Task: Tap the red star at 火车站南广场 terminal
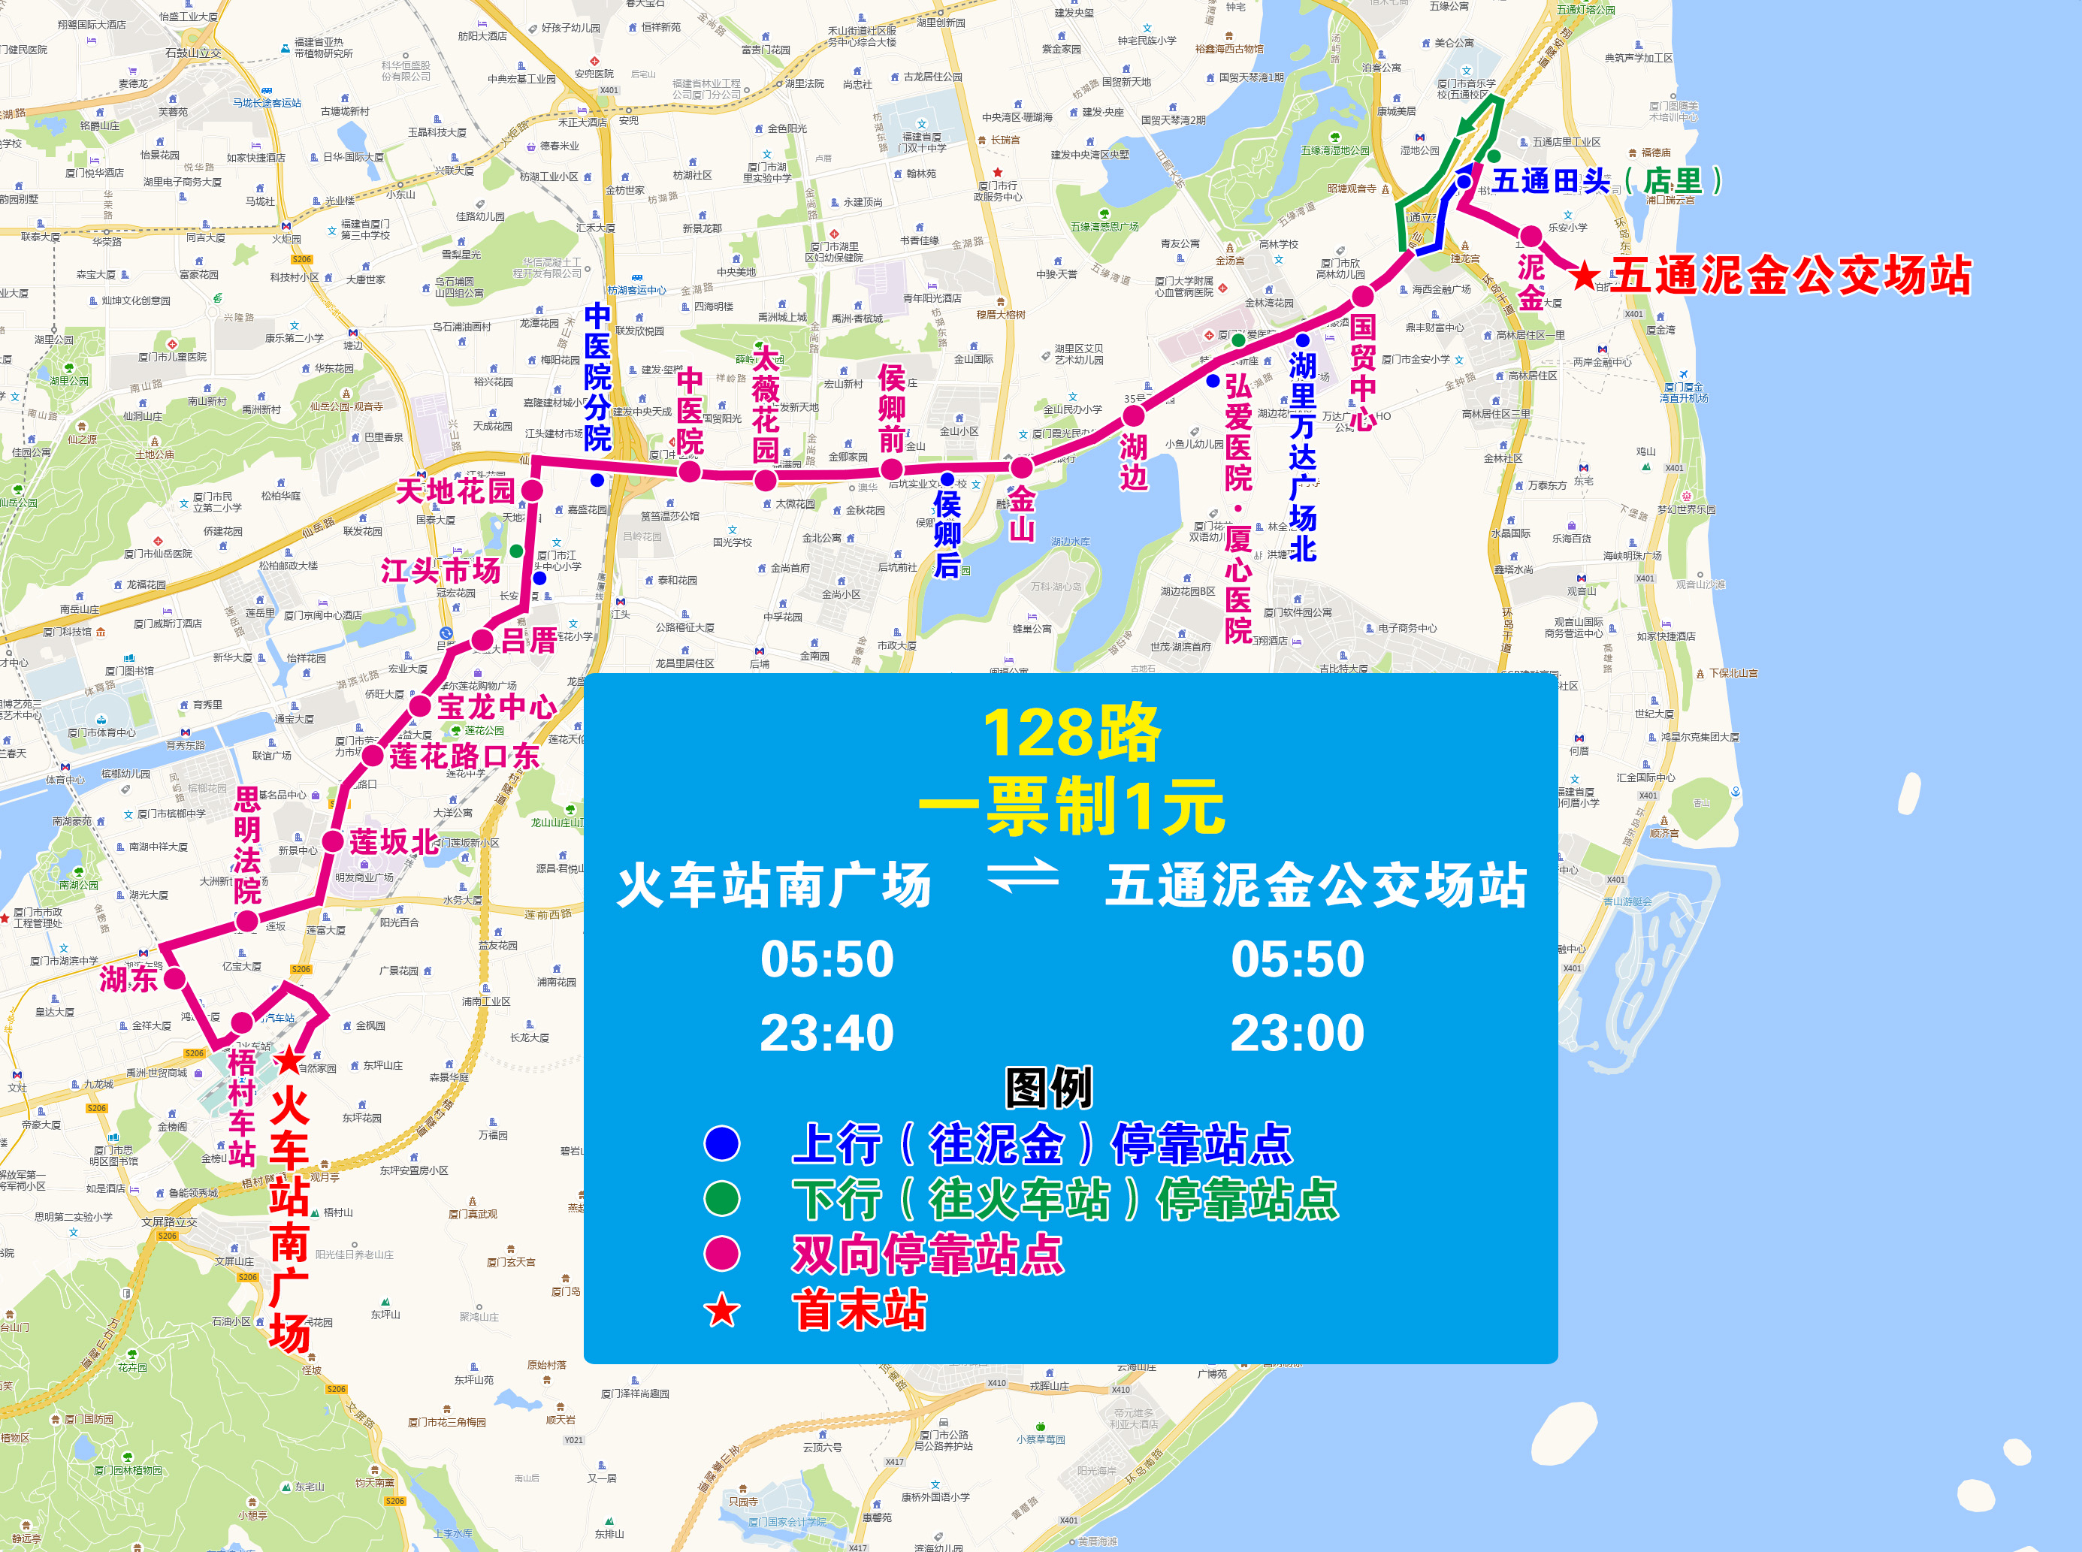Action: [289, 1061]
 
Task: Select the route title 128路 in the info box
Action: [1071, 732]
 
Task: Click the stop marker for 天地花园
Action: [532, 490]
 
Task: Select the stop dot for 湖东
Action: [174, 978]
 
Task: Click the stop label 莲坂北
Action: [394, 842]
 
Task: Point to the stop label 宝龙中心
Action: [497, 706]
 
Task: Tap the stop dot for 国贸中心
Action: [1362, 297]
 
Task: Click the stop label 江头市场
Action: [440, 570]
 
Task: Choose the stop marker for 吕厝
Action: [482, 641]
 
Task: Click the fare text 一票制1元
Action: [1071, 806]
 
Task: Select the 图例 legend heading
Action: [1049, 1087]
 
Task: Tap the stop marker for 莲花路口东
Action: [373, 755]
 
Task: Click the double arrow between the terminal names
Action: [1022, 877]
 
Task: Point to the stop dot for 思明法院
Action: [246, 922]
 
